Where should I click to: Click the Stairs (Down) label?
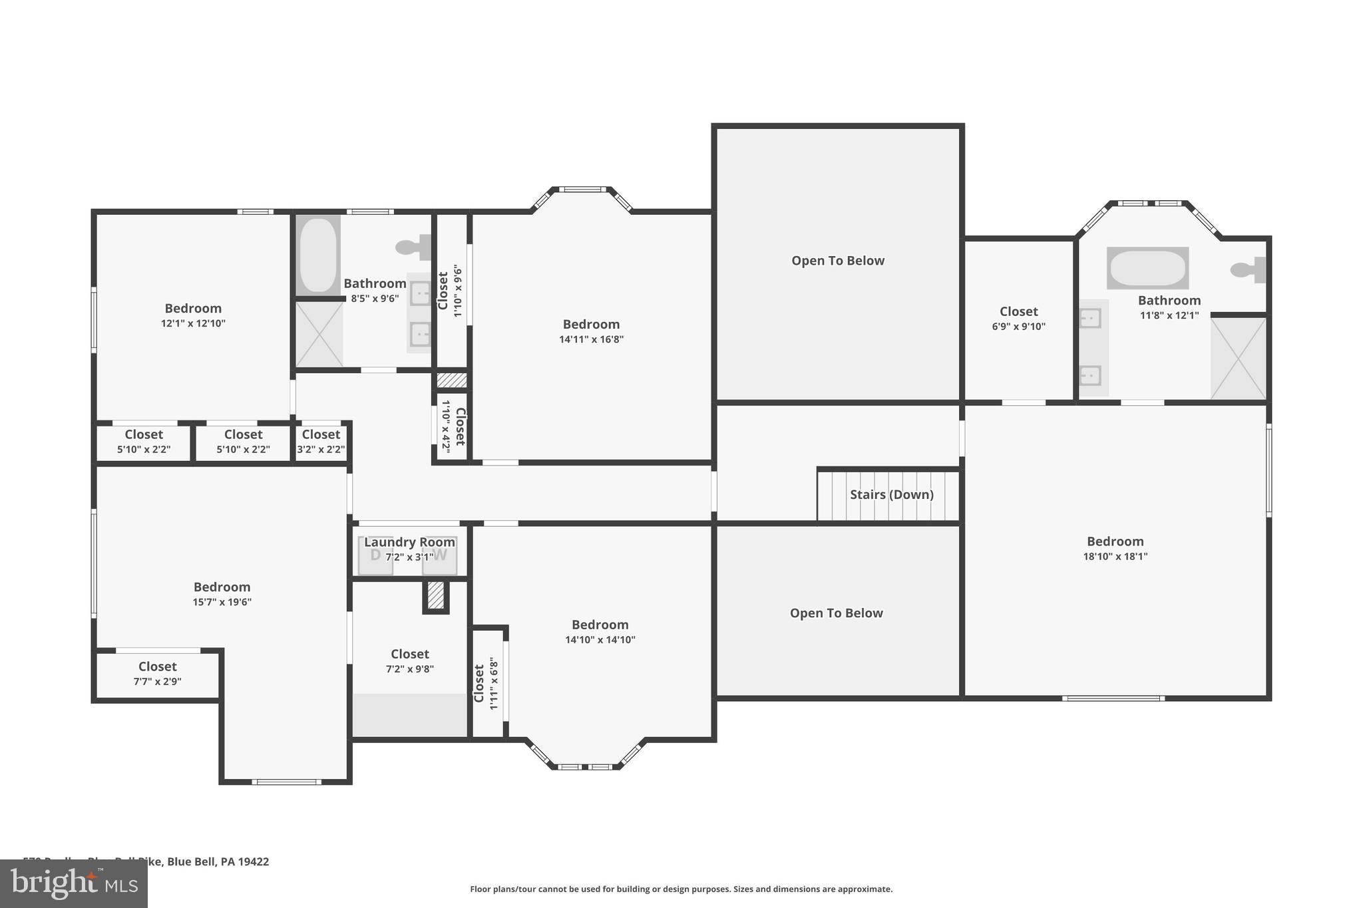891,494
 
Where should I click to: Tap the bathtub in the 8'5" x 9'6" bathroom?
318,255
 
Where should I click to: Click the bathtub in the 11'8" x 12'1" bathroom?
1147,268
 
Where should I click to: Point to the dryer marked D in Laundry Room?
375,555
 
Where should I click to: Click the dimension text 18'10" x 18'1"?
1115,557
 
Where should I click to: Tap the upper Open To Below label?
837,261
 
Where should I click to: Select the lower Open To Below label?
836,613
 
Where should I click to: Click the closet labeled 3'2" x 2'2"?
321,442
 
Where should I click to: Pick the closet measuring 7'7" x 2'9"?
157,674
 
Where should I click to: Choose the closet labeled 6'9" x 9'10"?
1018,319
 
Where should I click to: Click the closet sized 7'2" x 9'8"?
409,661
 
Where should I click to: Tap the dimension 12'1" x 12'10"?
193,323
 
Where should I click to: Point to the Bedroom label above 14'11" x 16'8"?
591,324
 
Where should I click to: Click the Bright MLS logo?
73,883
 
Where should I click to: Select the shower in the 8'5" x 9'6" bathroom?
319,335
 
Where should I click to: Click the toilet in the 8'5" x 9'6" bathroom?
413,247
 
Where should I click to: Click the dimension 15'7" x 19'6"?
222,602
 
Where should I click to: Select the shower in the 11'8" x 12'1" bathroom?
1238,359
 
